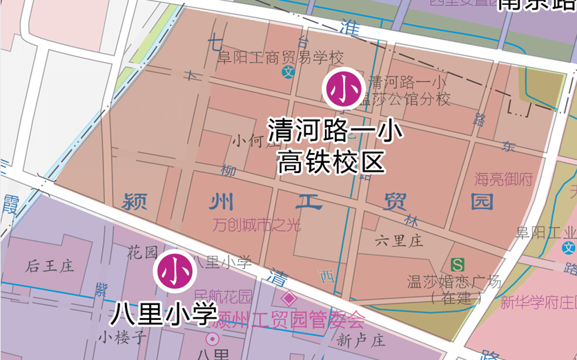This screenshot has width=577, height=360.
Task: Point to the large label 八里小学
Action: (x=164, y=314)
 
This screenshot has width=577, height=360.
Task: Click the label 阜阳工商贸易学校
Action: (x=280, y=57)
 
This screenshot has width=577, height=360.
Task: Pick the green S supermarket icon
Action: (x=457, y=264)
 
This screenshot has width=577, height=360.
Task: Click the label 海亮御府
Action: (x=504, y=180)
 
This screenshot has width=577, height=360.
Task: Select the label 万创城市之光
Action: (x=257, y=225)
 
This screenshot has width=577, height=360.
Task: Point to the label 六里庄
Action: (x=399, y=241)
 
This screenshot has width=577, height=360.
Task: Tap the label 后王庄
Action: (x=50, y=266)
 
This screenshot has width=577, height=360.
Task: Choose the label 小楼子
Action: (x=123, y=337)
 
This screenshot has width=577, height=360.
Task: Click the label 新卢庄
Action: (x=361, y=340)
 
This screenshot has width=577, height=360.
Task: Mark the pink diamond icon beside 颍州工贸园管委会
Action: (x=289, y=300)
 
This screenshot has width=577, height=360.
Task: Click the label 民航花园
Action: (x=223, y=297)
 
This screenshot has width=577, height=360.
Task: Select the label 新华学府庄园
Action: (x=539, y=302)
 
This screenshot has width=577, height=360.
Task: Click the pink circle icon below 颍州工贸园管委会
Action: (x=213, y=339)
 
